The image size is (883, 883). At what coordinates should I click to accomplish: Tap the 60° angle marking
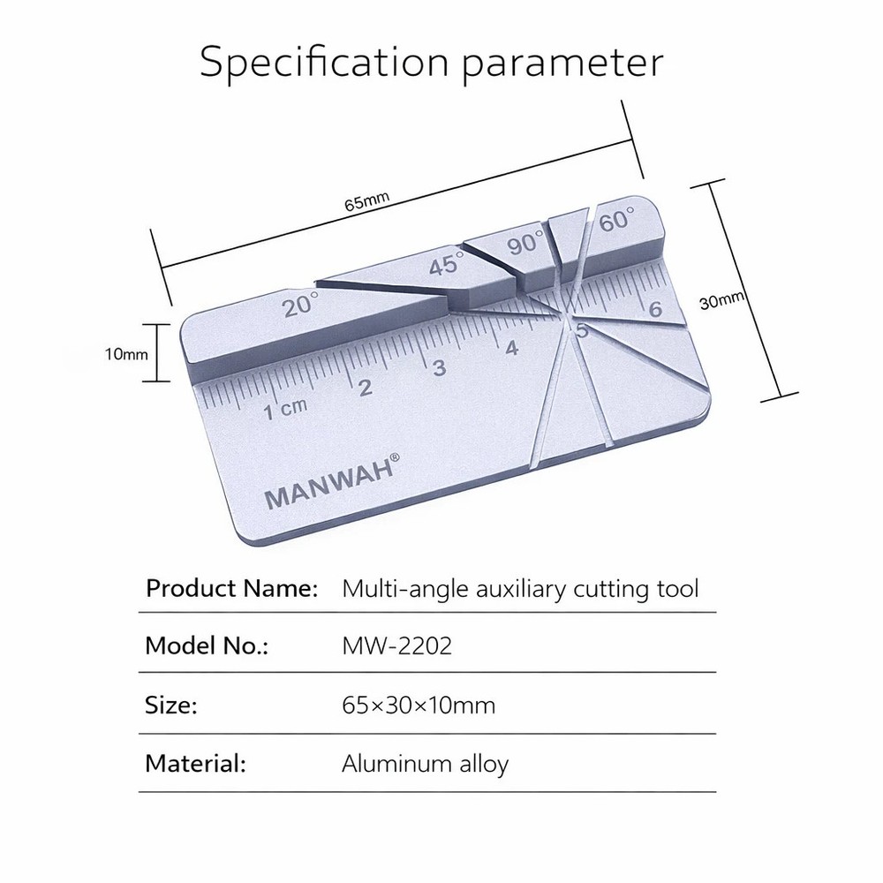click(615, 222)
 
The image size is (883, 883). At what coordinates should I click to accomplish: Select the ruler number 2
click(365, 387)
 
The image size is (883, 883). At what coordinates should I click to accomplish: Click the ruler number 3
click(439, 367)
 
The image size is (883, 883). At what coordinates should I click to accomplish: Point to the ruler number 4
click(511, 348)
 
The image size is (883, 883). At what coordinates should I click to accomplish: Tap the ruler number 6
click(654, 310)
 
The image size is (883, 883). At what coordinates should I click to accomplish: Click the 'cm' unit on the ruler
click(294, 407)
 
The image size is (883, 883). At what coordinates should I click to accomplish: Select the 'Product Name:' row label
click(231, 587)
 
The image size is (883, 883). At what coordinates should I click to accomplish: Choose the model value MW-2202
click(396, 646)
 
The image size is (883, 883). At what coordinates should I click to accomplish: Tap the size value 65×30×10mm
click(419, 706)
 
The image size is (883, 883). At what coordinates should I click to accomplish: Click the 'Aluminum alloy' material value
click(425, 764)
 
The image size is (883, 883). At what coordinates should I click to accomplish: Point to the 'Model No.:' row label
click(207, 646)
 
